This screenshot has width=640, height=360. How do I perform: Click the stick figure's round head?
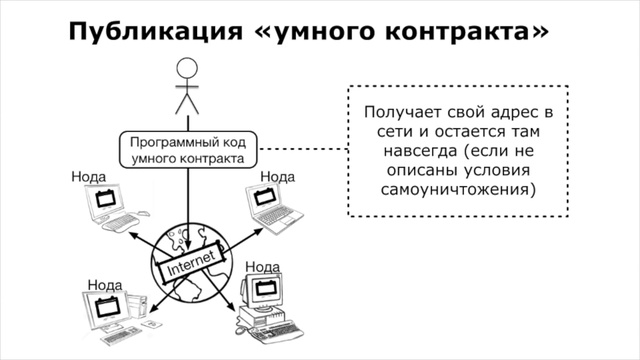[x=187, y=68]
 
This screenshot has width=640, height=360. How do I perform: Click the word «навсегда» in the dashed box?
[x=411, y=150]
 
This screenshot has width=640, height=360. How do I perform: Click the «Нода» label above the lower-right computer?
[x=262, y=266]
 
